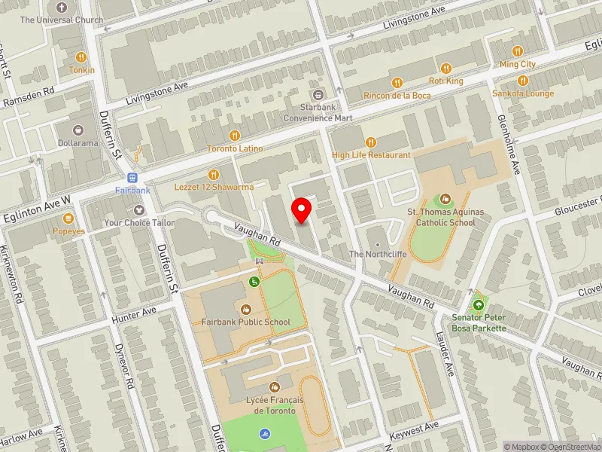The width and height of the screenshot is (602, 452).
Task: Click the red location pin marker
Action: (x=303, y=210)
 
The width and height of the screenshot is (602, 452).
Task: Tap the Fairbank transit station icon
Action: (x=133, y=178)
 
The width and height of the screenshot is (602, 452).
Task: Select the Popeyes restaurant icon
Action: (x=68, y=218)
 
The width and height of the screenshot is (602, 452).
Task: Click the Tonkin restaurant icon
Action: (x=82, y=56)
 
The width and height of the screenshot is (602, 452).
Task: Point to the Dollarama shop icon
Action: (x=79, y=130)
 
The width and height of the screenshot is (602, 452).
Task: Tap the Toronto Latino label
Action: (x=236, y=148)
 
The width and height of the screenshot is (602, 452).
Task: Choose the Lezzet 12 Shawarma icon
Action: (x=216, y=174)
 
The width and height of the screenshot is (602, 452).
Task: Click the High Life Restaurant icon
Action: (x=370, y=142)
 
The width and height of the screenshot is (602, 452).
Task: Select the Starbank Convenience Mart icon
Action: (x=318, y=95)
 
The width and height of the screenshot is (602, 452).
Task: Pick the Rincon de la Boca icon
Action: (x=395, y=82)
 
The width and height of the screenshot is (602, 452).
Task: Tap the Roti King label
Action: (x=445, y=81)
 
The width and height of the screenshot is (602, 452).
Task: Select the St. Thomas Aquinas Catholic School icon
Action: (x=445, y=199)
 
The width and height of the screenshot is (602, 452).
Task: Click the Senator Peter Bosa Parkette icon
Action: (x=478, y=305)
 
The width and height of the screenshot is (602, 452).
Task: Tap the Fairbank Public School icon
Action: (x=245, y=308)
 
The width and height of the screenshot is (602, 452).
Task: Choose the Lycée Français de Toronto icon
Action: (x=284, y=386)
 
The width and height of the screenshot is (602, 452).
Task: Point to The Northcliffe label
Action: (x=378, y=254)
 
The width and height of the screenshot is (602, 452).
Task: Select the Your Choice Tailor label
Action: (x=140, y=223)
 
